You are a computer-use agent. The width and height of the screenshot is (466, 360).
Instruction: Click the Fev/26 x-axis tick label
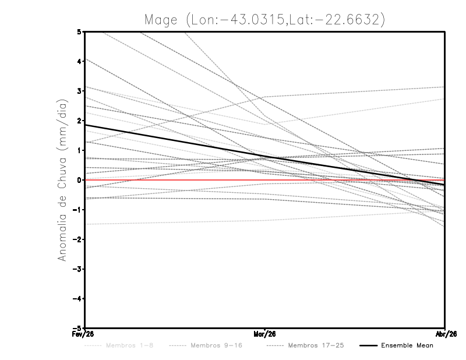84,334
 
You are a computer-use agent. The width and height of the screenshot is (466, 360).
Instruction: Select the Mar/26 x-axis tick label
264,334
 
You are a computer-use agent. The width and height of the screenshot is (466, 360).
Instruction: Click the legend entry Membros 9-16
216,345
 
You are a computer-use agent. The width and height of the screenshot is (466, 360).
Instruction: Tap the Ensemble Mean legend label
407,345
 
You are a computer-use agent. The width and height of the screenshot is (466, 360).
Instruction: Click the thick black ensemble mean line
175,141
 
